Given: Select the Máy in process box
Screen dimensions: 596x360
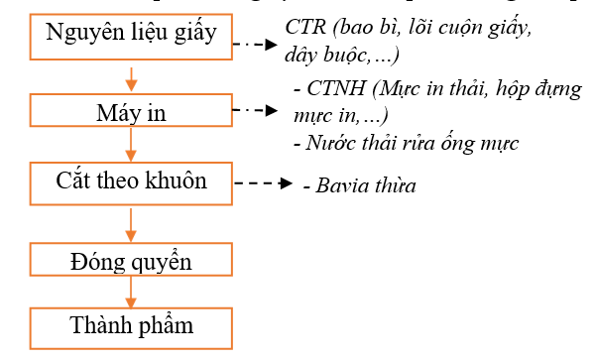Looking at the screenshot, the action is pyautogui.click(x=131, y=111).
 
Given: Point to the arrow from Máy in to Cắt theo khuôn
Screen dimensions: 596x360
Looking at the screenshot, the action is pyautogui.click(x=131, y=146).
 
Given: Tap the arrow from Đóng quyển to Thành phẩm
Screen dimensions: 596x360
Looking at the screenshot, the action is pyautogui.click(x=131, y=291).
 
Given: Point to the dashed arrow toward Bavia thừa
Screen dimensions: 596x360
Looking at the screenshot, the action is pyautogui.click(x=262, y=184).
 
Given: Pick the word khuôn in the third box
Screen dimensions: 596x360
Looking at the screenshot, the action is pyautogui.click(x=180, y=182).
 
